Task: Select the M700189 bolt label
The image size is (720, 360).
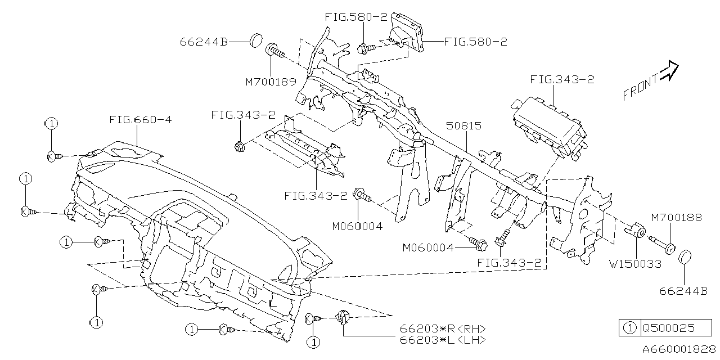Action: click(x=271, y=82)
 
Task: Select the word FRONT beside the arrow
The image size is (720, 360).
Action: click(x=640, y=88)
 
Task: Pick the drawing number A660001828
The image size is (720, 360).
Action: click(x=678, y=349)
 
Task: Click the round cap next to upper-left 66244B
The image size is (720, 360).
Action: click(x=256, y=40)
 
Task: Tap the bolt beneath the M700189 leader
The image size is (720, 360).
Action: click(x=274, y=50)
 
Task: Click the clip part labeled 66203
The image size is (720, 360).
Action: click(x=343, y=318)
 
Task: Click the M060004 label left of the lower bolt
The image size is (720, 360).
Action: click(x=427, y=247)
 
